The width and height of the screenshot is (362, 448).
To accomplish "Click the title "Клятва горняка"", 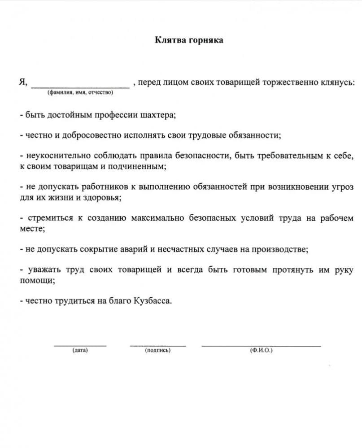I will click(x=189, y=40).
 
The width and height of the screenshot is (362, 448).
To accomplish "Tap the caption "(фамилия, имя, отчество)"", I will click(x=79, y=93).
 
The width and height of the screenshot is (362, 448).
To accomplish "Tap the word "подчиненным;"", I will click(x=143, y=166).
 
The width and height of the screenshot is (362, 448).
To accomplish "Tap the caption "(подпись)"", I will click(x=157, y=350).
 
